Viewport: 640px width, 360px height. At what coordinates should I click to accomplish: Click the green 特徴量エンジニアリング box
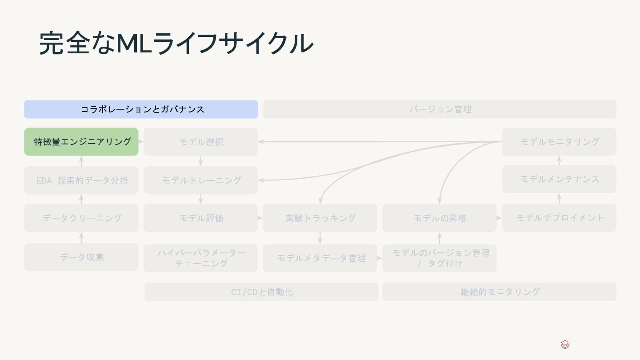point(81,142)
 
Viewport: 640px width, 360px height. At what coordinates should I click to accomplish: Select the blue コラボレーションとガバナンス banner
point(141,109)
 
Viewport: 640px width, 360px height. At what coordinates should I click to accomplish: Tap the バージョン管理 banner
point(440,109)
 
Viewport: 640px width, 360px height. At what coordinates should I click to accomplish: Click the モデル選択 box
point(200,142)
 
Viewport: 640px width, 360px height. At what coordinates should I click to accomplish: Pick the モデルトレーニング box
point(200,180)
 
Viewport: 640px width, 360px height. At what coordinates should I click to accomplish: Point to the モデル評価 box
point(200,218)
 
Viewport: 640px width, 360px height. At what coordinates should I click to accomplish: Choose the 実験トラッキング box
point(320,218)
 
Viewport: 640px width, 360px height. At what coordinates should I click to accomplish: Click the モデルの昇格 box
point(439,218)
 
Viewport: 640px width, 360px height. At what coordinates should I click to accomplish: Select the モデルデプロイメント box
point(559,218)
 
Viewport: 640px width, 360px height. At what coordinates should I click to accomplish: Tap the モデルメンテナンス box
point(559,179)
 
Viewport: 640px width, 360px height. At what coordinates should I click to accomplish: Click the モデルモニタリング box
point(559,142)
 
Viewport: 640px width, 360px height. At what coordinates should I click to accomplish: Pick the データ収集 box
point(81,257)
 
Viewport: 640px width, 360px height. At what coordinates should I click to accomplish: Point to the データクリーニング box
point(81,218)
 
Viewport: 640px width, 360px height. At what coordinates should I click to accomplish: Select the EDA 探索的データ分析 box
point(81,180)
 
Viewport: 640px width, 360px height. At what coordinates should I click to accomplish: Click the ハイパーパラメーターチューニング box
point(200,258)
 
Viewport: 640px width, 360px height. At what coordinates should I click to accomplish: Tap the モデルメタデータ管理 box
point(320,258)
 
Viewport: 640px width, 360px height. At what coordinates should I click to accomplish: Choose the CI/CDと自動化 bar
point(261,292)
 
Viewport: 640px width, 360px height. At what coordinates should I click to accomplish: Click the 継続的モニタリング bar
point(499,292)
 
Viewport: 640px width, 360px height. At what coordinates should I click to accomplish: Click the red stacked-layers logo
point(565,345)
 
